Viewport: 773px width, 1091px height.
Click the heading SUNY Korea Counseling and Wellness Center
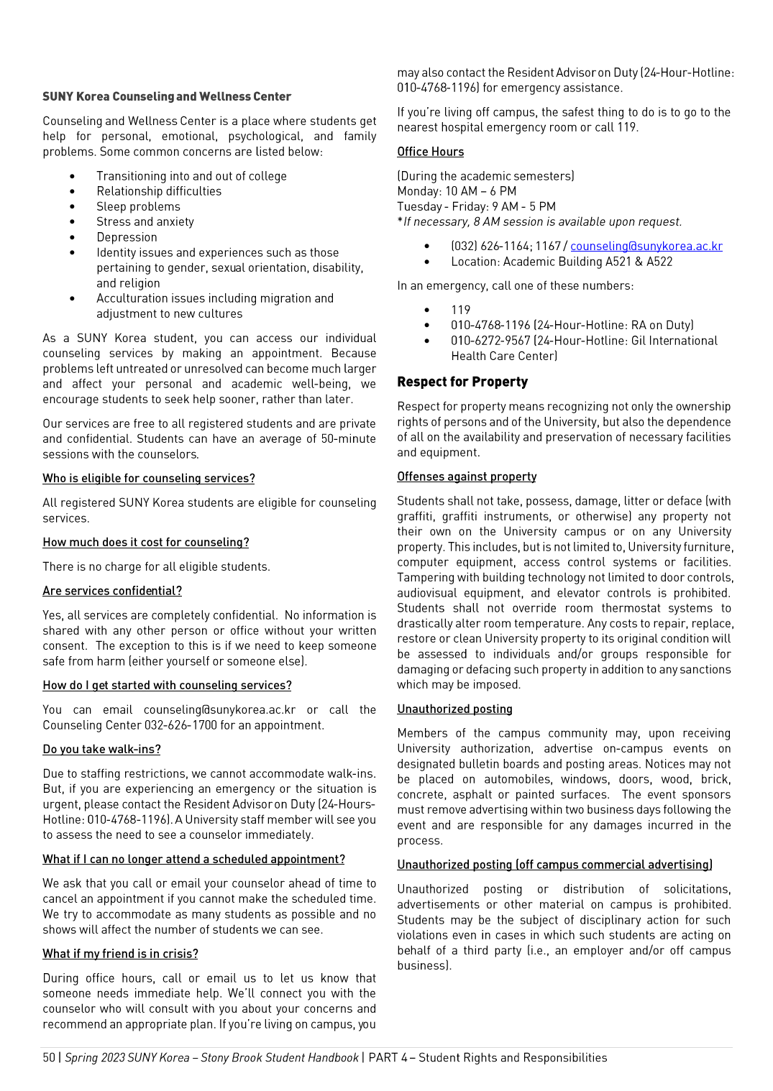tap(167, 96)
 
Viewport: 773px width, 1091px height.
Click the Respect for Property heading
tap(462, 382)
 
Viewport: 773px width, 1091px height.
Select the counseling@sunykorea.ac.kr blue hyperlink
tap(646, 246)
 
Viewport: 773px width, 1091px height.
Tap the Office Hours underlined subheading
tap(430, 152)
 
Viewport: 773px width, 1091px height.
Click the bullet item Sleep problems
tap(138, 206)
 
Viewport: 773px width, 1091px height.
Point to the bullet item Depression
tap(127, 237)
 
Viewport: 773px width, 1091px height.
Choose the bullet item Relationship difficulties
tap(159, 191)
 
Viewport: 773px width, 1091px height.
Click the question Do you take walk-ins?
tap(101, 749)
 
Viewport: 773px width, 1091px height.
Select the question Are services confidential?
tap(112, 591)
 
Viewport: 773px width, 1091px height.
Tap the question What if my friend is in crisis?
tap(120, 954)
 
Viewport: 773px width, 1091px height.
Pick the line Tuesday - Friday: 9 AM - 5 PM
tap(476, 206)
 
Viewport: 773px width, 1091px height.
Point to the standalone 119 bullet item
tap(460, 310)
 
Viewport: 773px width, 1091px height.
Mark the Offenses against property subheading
tap(467, 477)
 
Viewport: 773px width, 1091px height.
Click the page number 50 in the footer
tap(49, 1057)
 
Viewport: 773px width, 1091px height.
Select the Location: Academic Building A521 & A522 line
tap(562, 262)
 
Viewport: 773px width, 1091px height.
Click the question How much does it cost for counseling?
tap(146, 543)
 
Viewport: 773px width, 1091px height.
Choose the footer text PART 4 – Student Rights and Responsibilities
tap(488, 1057)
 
